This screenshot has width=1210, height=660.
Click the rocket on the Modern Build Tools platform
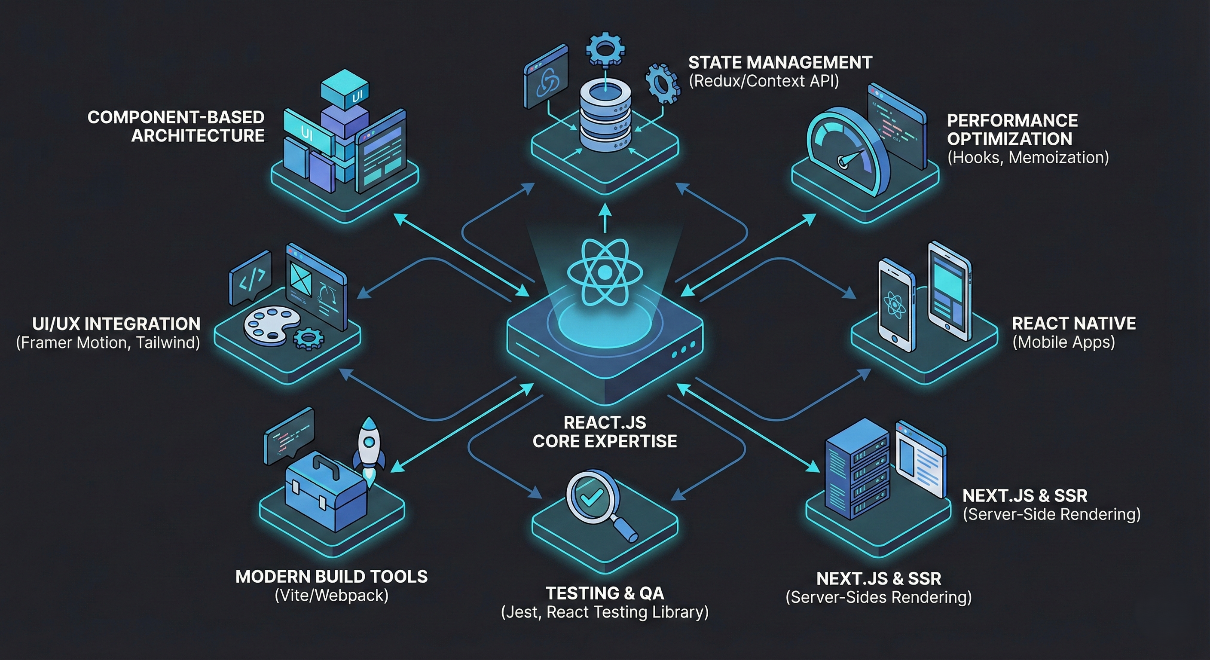click(369, 449)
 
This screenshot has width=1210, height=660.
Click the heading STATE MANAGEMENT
click(780, 62)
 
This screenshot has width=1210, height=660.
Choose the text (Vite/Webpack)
click(332, 595)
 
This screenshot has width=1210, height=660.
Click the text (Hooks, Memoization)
click(1028, 157)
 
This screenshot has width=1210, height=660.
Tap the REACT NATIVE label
click(1074, 324)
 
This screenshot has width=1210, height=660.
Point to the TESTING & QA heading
click(605, 593)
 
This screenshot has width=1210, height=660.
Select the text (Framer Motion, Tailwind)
click(108, 343)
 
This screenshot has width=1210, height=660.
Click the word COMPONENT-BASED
click(176, 117)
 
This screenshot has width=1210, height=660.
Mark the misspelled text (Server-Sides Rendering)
click(878, 598)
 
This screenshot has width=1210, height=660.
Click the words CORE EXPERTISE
click(605, 441)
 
